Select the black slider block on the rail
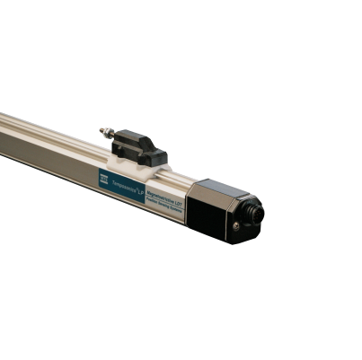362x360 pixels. click(143, 146)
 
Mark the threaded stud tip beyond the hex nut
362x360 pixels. click(102, 131)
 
